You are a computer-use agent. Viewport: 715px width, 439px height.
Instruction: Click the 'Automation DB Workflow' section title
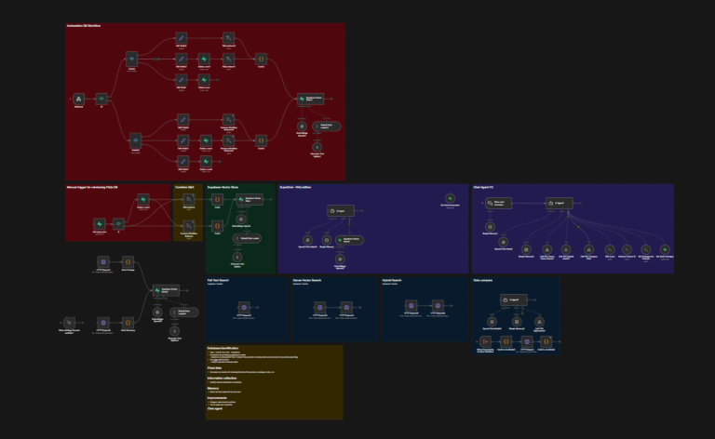click(83, 26)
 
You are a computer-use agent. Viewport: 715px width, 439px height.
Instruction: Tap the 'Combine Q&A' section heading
click(184, 186)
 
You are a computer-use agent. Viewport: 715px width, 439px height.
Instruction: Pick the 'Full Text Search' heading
click(218, 280)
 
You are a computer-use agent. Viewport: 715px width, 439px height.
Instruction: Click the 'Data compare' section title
click(483, 280)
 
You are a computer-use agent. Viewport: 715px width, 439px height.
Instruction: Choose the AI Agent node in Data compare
click(515, 300)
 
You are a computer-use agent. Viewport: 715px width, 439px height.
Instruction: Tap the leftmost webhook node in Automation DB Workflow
click(79, 98)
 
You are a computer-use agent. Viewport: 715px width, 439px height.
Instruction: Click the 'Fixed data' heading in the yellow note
click(215, 368)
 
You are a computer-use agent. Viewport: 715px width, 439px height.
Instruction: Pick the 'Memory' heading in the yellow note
click(213, 388)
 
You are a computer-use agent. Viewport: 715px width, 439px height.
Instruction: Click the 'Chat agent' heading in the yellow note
click(215, 407)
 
